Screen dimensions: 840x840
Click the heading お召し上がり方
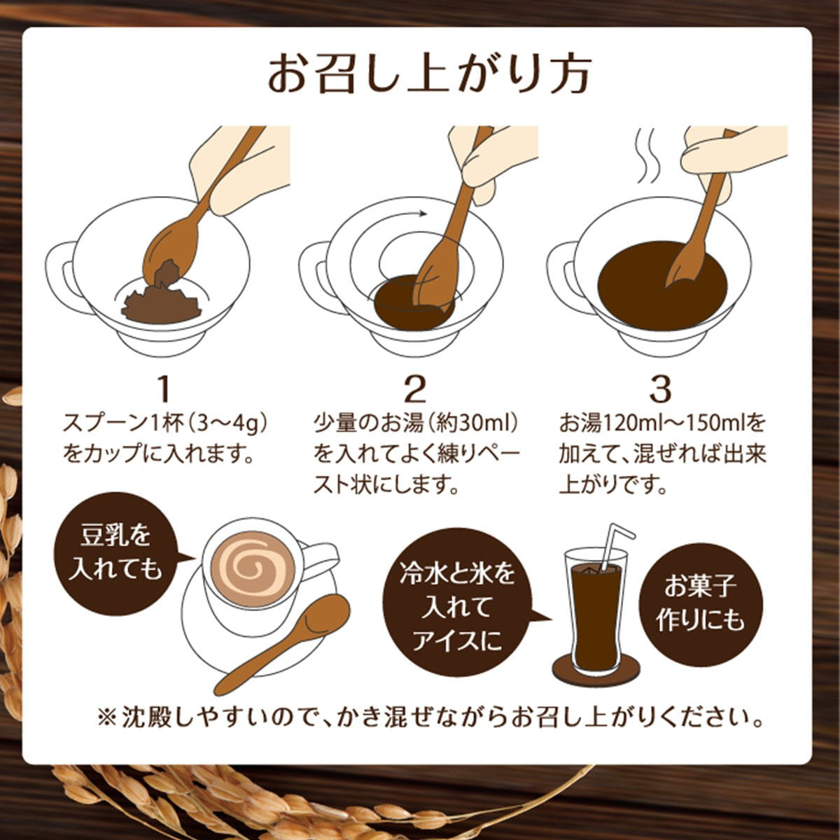tap(429, 75)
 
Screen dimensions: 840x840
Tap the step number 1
tap(164, 389)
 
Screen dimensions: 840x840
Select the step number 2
tap(414, 389)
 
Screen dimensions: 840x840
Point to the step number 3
tap(660, 389)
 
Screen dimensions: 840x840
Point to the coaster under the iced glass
tap(596, 668)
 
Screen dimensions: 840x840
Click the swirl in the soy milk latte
tap(253, 570)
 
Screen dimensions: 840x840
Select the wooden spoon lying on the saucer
tap(283, 643)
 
